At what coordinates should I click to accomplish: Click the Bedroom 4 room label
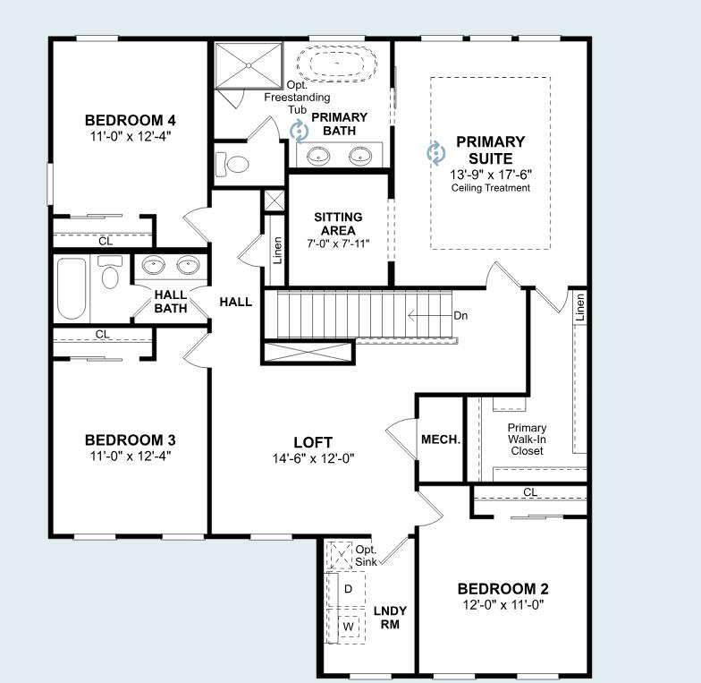click(131, 120)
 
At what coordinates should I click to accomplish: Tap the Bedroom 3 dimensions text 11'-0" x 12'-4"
click(131, 457)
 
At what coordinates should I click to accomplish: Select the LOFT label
click(313, 442)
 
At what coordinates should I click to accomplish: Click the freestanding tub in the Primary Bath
click(336, 63)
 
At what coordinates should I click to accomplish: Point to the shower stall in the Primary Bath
click(249, 65)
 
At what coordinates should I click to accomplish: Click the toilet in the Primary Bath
click(232, 165)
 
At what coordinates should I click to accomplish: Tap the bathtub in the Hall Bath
click(72, 288)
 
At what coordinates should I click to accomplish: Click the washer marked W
click(348, 627)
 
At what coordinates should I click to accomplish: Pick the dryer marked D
click(348, 589)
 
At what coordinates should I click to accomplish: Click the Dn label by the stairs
click(460, 315)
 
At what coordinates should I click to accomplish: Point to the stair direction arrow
click(429, 316)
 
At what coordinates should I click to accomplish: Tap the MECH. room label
click(441, 440)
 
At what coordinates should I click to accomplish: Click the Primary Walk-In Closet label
click(528, 440)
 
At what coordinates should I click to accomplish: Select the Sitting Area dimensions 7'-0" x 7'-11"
click(338, 243)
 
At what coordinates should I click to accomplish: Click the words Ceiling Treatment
click(490, 188)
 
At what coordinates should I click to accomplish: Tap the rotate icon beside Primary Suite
click(435, 153)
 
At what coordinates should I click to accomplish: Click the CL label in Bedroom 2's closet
click(530, 492)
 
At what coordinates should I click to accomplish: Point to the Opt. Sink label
click(367, 556)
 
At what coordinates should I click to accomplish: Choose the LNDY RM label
click(390, 618)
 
